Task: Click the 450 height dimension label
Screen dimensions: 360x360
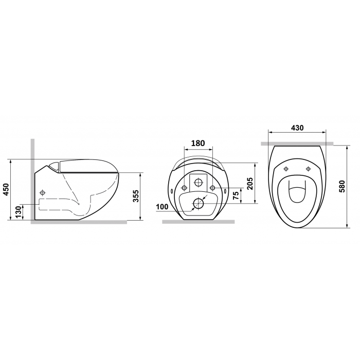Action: [6, 189]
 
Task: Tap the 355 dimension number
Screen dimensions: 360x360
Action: [136, 196]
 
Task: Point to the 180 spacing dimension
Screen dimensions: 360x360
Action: [198, 143]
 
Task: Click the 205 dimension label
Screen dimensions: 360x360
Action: [250, 184]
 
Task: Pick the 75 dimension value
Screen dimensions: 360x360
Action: [236, 195]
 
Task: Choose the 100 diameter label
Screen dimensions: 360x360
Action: [162, 207]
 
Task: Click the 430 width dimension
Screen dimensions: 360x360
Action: [297, 128]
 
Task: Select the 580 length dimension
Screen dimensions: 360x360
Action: [342, 186]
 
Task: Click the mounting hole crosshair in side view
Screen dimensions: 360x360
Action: [42, 192]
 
